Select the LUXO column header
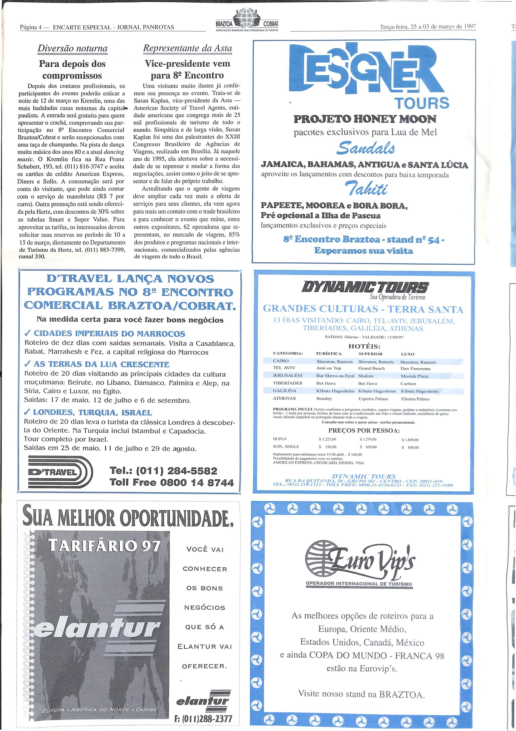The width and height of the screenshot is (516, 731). click(x=408, y=354)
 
